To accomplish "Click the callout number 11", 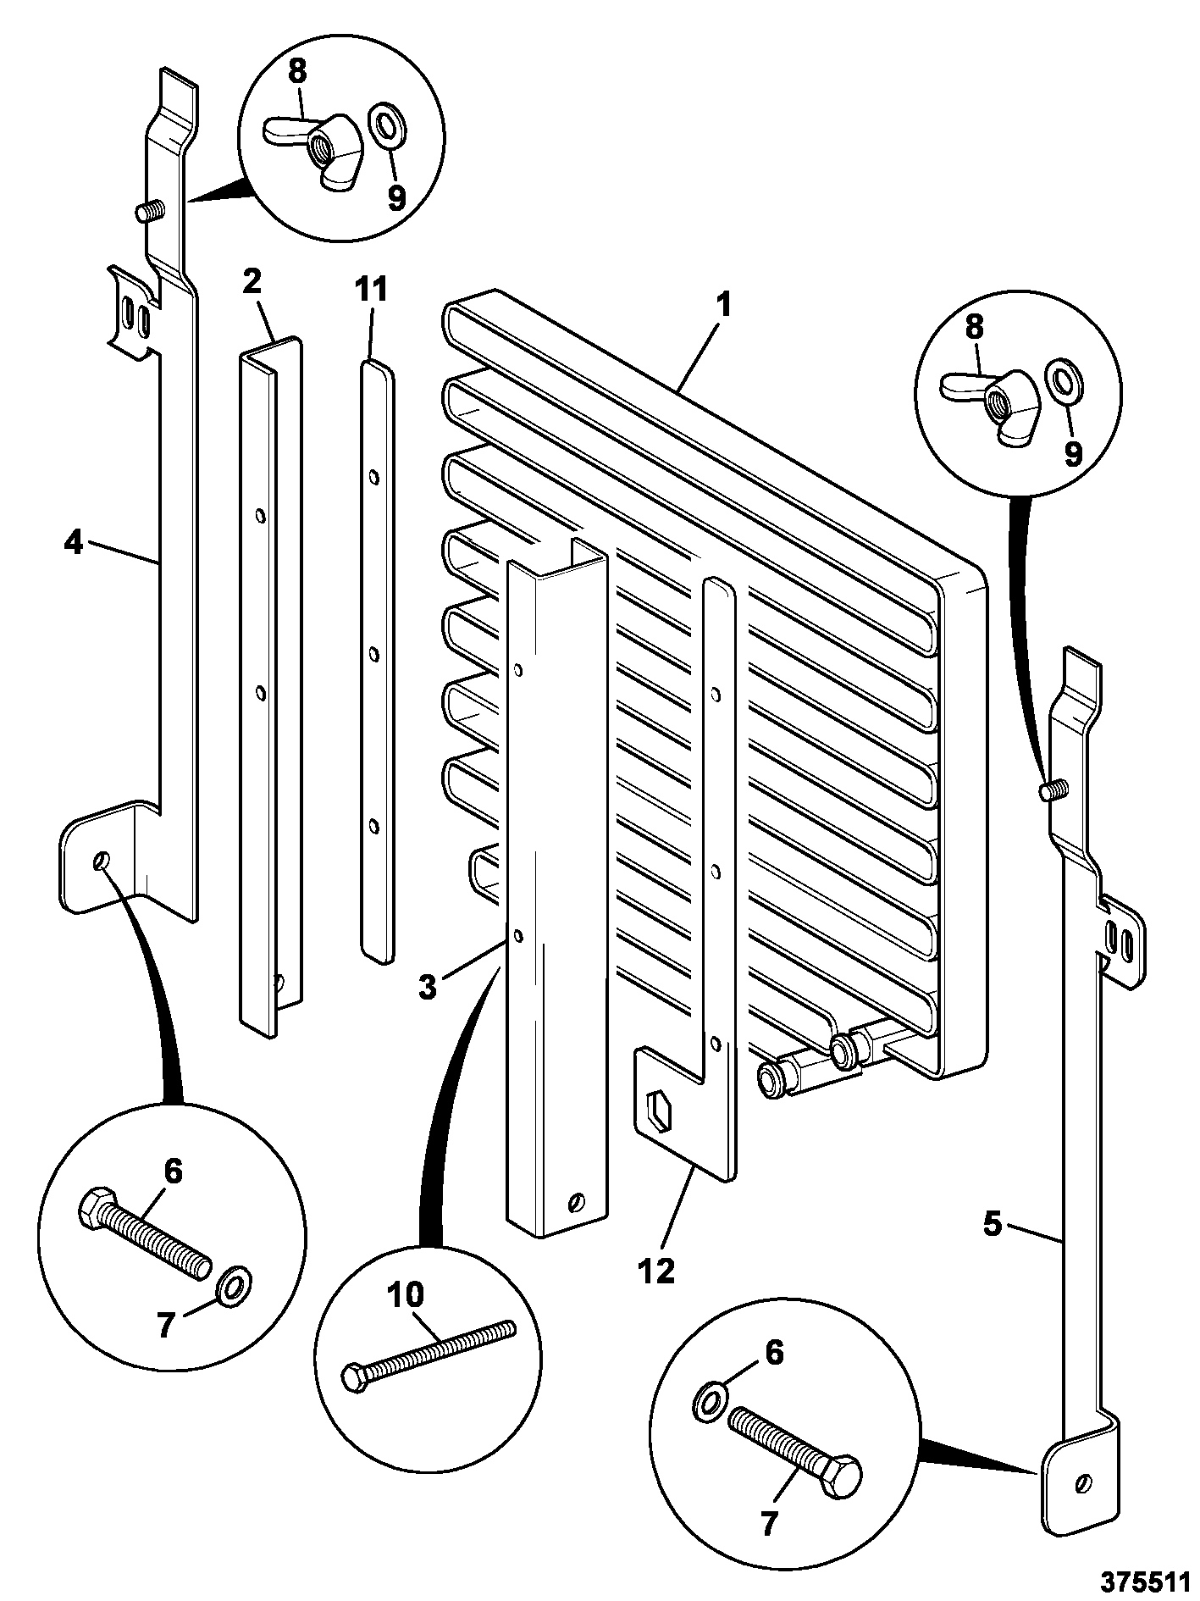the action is (370, 290).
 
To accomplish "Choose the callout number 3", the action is (428, 985).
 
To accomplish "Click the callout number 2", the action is (252, 282).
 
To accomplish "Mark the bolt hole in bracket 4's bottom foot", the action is (102, 861).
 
